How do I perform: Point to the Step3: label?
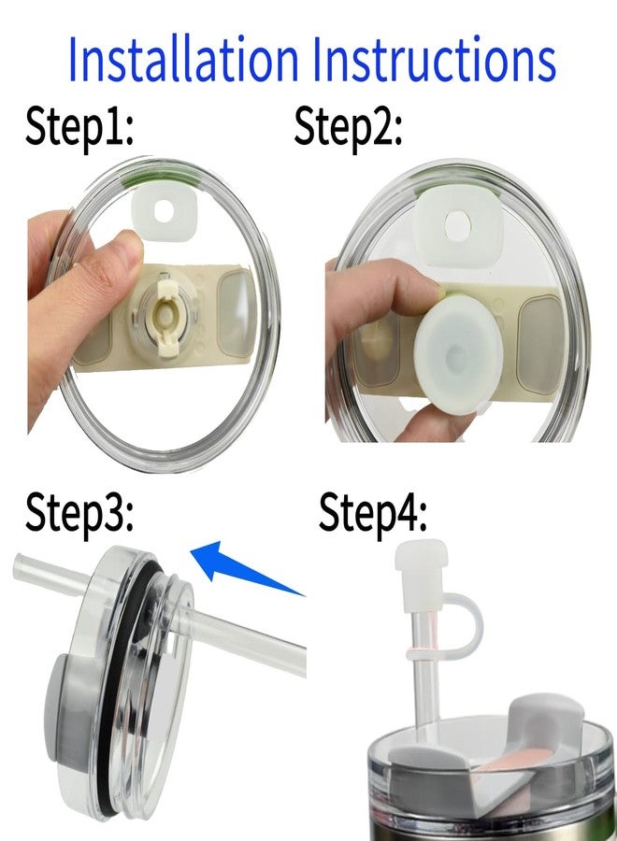coord(80,513)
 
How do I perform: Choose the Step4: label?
coord(374,513)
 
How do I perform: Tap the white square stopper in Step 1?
coord(164,210)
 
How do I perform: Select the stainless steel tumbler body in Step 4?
coord(486,827)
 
